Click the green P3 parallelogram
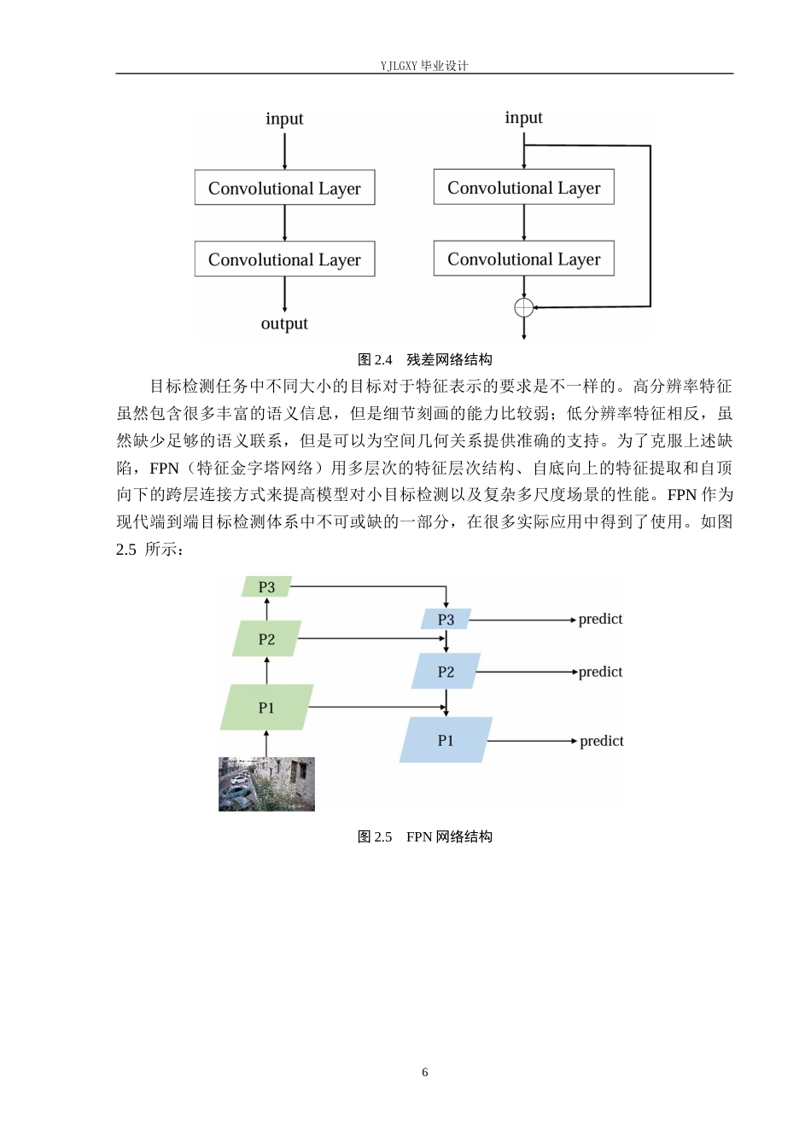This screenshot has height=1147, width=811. coord(266,586)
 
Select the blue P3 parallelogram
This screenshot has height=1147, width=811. coord(446,619)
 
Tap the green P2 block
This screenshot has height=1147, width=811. coord(266,638)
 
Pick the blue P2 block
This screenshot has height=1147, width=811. coord(446,671)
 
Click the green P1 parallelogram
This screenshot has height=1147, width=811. coord(266,707)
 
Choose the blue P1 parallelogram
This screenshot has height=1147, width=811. coord(446,740)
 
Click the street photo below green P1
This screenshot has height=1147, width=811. coord(266,784)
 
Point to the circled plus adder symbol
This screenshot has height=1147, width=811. coord(523,308)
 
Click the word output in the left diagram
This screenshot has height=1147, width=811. coord(284,323)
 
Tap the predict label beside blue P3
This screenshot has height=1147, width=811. coord(600,620)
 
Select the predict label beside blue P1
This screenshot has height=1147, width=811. coord(602,742)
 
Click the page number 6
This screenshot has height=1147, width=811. coord(425,1072)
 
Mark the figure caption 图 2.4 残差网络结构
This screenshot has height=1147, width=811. coord(425,359)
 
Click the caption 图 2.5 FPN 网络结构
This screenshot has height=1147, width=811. coord(425,836)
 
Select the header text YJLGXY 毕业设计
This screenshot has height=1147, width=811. coord(424,66)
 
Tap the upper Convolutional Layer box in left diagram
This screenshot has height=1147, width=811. coord(285,188)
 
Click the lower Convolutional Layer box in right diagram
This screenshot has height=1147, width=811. coord(523,258)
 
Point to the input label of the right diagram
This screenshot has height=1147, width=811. coord(523,118)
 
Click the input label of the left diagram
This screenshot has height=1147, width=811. coord(284,119)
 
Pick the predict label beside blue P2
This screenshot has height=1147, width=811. coord(600,672)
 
